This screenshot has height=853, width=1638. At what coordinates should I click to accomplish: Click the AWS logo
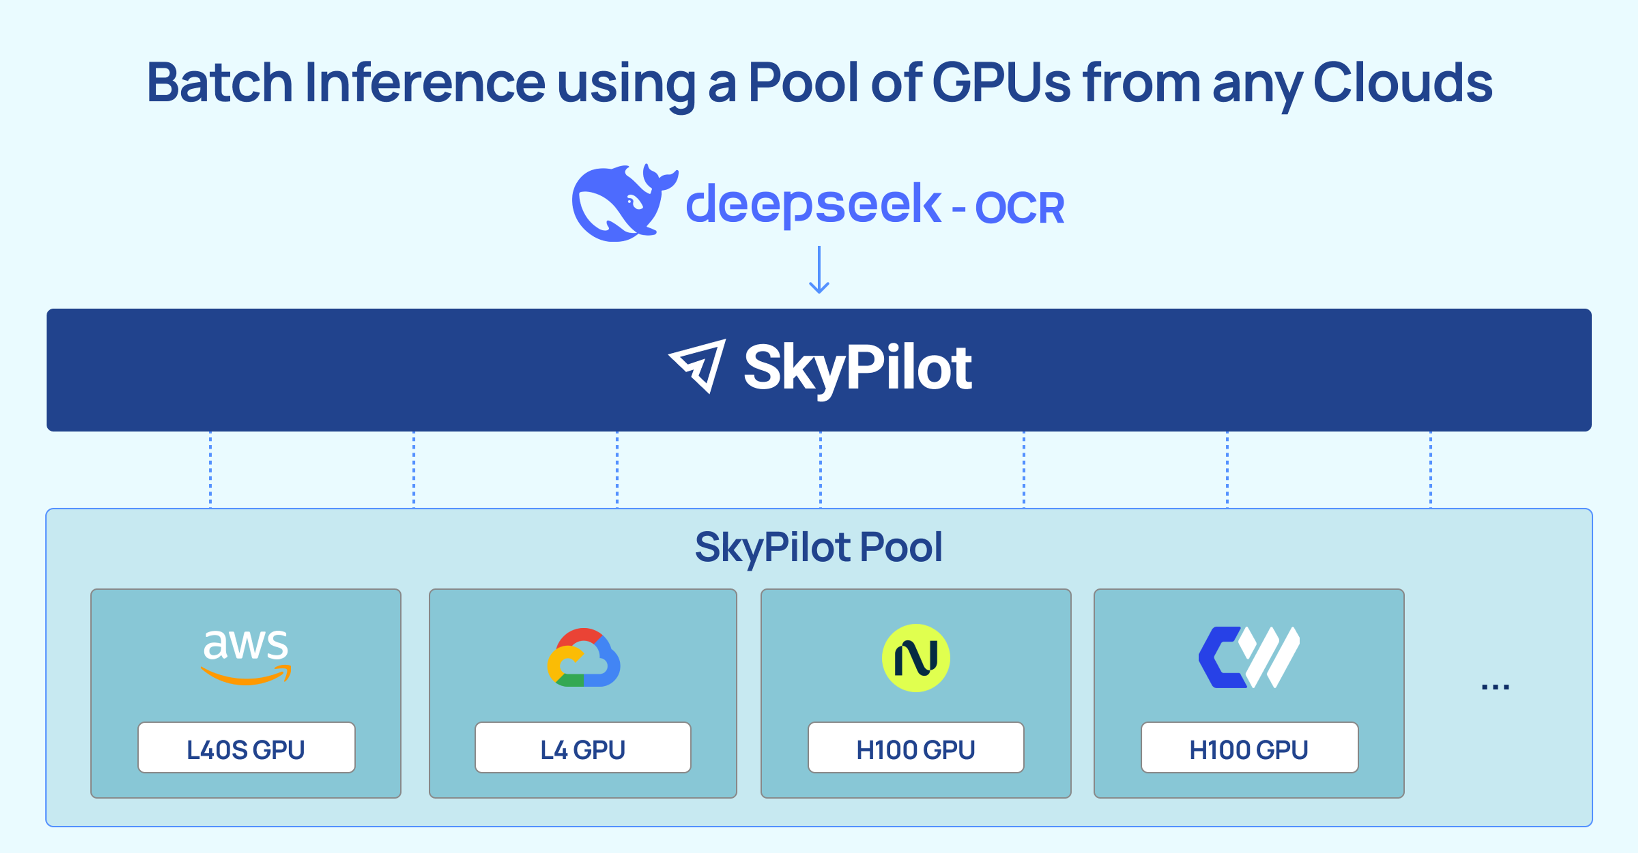pos(245,656)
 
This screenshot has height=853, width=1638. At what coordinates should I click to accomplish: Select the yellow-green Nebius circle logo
pos(916,658)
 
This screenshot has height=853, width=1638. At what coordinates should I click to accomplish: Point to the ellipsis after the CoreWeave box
pos(1495,686)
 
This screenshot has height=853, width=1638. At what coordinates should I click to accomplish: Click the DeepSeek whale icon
pos(620,203)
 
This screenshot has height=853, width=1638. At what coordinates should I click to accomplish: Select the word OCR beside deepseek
pos(1019,208)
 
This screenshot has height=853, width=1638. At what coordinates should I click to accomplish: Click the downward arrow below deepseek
pos(819,270)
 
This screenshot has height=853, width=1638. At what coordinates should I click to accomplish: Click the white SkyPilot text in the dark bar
pos(857,367)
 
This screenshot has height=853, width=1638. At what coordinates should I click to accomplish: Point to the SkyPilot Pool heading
pos(819,547)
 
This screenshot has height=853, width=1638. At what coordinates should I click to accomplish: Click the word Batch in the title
pos(219,83)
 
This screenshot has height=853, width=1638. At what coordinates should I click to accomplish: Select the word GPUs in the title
pos(1002,83)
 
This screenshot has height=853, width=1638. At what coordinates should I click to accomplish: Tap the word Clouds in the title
pos(1402,83)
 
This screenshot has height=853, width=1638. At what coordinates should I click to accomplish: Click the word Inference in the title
pos(425,83)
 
